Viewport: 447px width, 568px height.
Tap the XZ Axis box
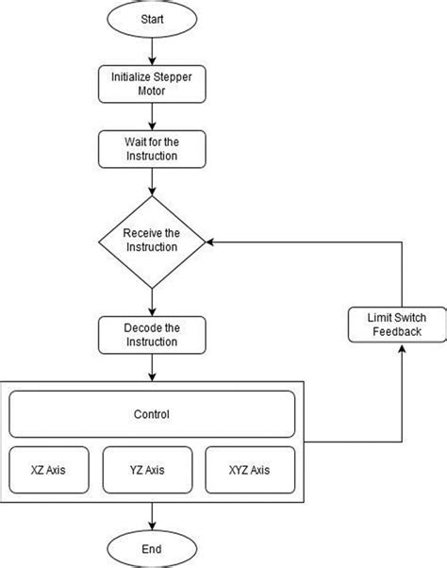coord(51,469)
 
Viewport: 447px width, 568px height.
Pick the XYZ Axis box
coord(250,469)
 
